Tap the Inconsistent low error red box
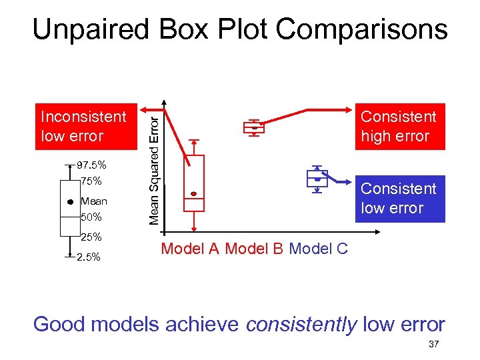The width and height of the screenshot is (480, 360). click(83, 127)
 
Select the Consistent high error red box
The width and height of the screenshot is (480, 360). click(399, 127)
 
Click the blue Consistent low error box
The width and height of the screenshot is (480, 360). click(399, 199)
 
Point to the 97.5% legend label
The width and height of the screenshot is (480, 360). click(91, 165)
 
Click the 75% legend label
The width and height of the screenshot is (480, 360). click(91, 181)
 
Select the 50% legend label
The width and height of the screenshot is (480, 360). click(91, 217)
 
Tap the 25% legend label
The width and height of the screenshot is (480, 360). click(91, 237)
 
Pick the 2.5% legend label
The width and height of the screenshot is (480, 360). click(88, 257)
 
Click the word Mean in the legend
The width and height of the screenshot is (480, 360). click(93, 201)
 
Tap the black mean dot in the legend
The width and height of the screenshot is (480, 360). click(69, 201)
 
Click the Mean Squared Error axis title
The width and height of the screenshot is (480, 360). click(153, 167)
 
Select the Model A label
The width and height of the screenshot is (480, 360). click(190, 249)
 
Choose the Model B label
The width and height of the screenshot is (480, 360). click(254, 249)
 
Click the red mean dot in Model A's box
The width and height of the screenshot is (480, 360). click(194, 194)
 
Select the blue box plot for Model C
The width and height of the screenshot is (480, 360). click(317, 178)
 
